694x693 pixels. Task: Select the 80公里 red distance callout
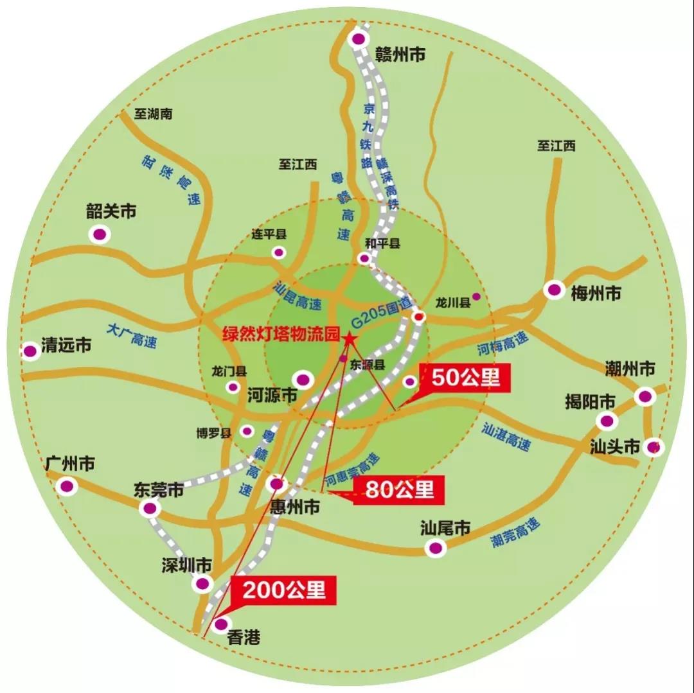pyautogui.click(x=400, y=490)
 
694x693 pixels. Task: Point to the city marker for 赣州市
pyautogui.click(x=358, y=40)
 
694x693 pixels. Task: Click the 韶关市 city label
pyautogui.click(x=111, y=211)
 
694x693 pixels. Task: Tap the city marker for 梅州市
pyautogui.click(x=554, y=290)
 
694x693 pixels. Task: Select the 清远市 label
pyautogui.click(x=66, y=345)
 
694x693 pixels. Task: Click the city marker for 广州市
pyautogui.click(x=66, y=486)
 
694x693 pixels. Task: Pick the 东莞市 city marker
pyautogui.click(x=150, y=509)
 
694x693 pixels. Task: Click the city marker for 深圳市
pyautogui.click(x=203, y=583)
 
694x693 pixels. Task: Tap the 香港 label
pyautogui.click(x=245, y=637)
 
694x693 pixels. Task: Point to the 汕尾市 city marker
pyautogui.click(x=436, y=548)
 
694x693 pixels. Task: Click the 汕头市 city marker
pyautogui.click(x=654, y=446)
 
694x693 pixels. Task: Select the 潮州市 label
pyautogui.click(x=630, y=369)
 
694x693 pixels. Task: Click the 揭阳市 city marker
pyautogui.click(x=605, y=421)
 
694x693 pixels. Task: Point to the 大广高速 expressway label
pyautogui.click(x=132, y=335)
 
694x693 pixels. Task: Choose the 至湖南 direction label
pyautogui.click(x=154, y=114)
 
